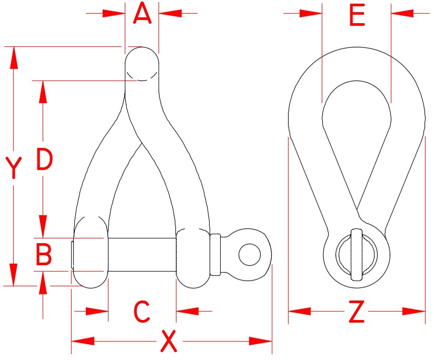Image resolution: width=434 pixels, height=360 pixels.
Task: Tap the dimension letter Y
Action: tap(14, 168)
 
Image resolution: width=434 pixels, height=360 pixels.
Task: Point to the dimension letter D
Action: tap(44, 160)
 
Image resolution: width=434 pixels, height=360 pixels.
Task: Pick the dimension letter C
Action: tap(142, 312)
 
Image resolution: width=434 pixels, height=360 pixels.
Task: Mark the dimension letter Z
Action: tap(357, 313)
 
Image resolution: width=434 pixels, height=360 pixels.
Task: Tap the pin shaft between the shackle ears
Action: tap(141, 255)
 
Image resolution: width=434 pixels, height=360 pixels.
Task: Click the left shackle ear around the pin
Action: tap(90, 253)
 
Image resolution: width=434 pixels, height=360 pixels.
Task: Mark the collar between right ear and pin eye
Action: tap(215, 255)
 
